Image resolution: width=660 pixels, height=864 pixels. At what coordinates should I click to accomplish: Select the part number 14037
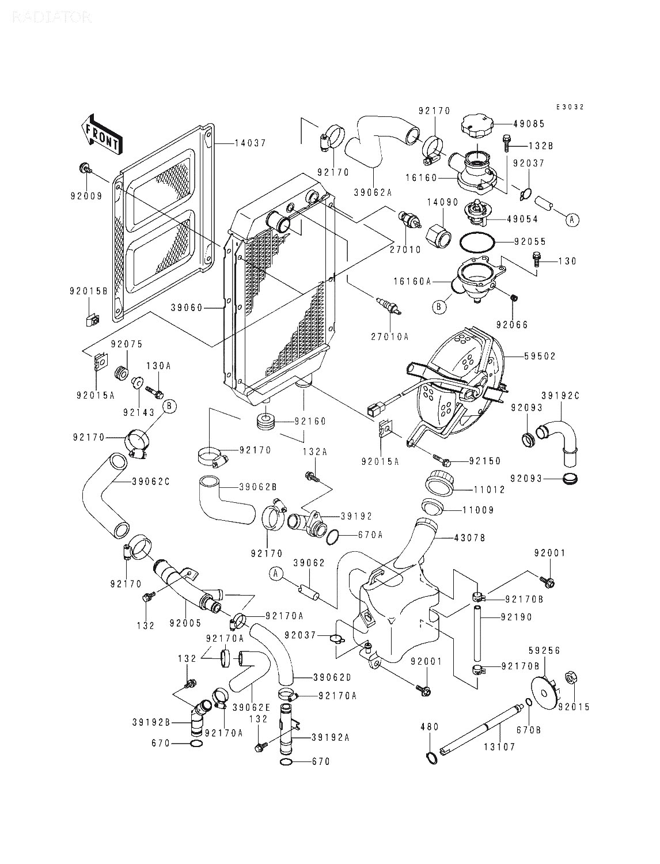tap(251, 143)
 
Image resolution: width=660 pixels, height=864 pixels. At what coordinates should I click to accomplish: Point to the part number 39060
tap(187, 308)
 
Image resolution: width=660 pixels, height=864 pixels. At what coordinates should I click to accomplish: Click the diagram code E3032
tap(570, 107)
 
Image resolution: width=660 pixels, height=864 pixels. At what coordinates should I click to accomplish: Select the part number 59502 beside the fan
tap(540, 356)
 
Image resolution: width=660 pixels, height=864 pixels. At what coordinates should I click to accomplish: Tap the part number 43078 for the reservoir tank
tap(469, 537)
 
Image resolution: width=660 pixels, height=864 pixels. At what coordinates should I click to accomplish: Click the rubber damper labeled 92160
tap(265, 422)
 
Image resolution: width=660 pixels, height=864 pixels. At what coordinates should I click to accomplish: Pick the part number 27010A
tap(390, 336)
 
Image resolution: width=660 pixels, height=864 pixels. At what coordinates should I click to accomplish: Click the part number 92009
tap(86, 196)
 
